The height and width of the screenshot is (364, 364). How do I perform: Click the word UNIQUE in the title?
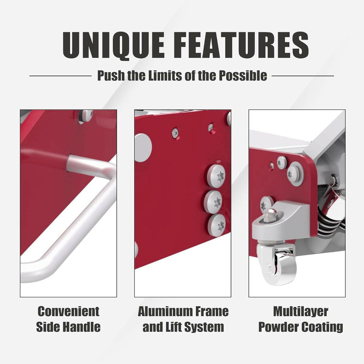click(x=114, y=45)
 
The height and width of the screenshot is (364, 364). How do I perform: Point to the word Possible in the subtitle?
click(x=243, y=76)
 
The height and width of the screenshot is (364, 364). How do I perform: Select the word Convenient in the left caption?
click(x=68, y=311)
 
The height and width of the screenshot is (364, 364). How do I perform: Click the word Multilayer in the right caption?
click(x=301, y=312)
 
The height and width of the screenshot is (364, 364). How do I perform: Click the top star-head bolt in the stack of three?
click(x=216, y=176)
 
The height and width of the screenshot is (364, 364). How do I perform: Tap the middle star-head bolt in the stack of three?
click(x=213, y=202)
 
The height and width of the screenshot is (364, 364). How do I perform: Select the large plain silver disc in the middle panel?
click(x=143, y=148)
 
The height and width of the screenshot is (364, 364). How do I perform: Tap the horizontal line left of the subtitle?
click(x=60, y=76)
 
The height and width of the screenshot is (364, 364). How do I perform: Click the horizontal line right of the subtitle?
click(x=303, y=76)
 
